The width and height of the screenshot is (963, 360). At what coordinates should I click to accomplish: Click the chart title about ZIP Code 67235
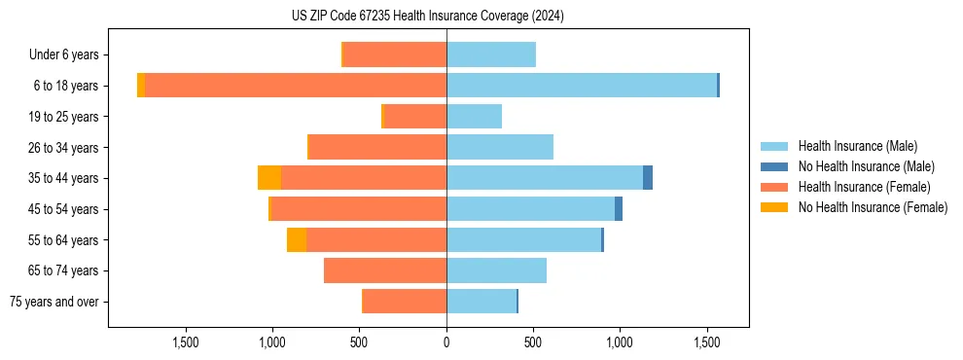tap(427, 17)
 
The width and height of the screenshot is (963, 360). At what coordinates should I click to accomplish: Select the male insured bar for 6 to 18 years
tap(582, 86)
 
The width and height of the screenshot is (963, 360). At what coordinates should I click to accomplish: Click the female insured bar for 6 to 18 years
tap(296, 86)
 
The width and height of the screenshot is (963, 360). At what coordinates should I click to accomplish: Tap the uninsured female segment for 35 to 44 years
tap(269, 178)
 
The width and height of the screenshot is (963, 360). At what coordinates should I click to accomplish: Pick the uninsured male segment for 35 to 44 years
tap(648, 178)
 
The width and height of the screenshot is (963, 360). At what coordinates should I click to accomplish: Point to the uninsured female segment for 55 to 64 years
tap(297, 239)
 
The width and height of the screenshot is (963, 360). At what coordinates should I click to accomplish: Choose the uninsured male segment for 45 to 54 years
tap(619, 208)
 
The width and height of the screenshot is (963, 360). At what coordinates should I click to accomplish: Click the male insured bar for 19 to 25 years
tap(474, 117)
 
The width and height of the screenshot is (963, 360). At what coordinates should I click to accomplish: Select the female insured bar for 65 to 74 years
tap(385, 270)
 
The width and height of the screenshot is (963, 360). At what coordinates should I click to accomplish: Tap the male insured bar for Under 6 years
tap(491, 54)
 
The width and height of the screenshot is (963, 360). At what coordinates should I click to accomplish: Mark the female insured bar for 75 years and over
tap(405, 302)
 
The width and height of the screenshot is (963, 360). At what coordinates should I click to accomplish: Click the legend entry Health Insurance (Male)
tap(857, 146)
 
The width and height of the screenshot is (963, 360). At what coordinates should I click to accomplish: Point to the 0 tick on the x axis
tap(446, 342)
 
